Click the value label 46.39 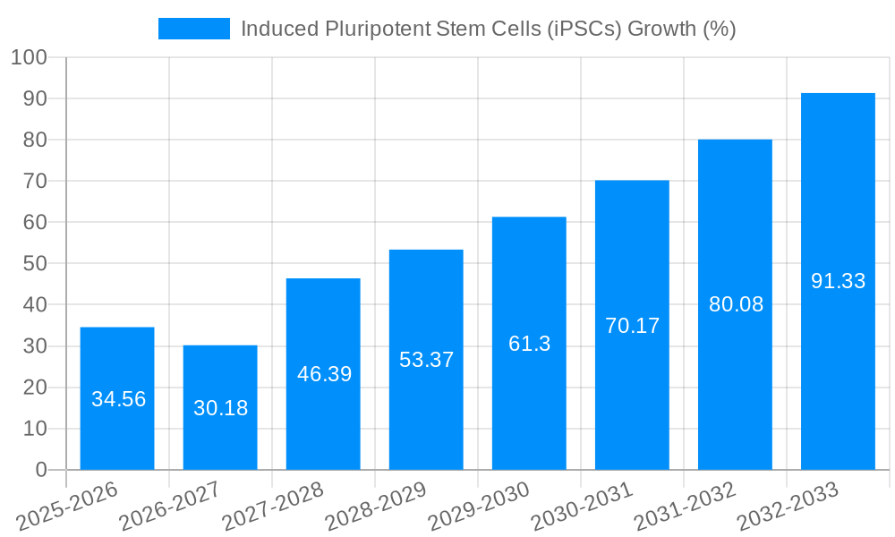pyautogui.click(x=324, y=374)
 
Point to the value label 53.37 pyautogui.click(x=426, y=360)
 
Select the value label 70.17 pyautogui.click(x=632, y=326)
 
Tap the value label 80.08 pyautogui.click(x=736, y=304)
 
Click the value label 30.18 pyautogui.click(x=220, y=408)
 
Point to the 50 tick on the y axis pyautogui.click(x=34, y=264)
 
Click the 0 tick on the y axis pyautogui.click(x=40, y=470)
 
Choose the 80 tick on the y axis pyautogui.click(x=34, y=140)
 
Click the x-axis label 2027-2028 pyautogui.click(x=273, y=506)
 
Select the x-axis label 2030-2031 pyautogui.click(x=582, y=506)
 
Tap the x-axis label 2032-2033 pyautogui.click(x=788, y=506)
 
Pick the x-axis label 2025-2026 pyautogui.click(x=67, y=506)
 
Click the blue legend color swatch pyautogui.click(x=194, y=29)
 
